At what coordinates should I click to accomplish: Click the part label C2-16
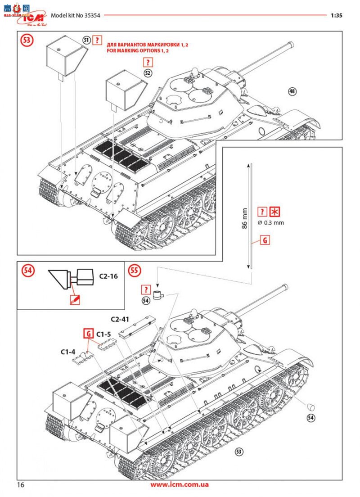(108, 276)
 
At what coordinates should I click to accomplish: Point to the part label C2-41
(120, 319)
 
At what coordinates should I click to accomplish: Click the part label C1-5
(104, 334)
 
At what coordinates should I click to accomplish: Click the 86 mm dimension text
(244, 218)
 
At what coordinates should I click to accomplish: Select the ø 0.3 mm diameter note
(270, 222)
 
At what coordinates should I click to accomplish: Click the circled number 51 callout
(86, 40)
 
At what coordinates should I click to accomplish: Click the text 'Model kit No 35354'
(75, 15)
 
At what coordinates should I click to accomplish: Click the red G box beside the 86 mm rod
(265, 241)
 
